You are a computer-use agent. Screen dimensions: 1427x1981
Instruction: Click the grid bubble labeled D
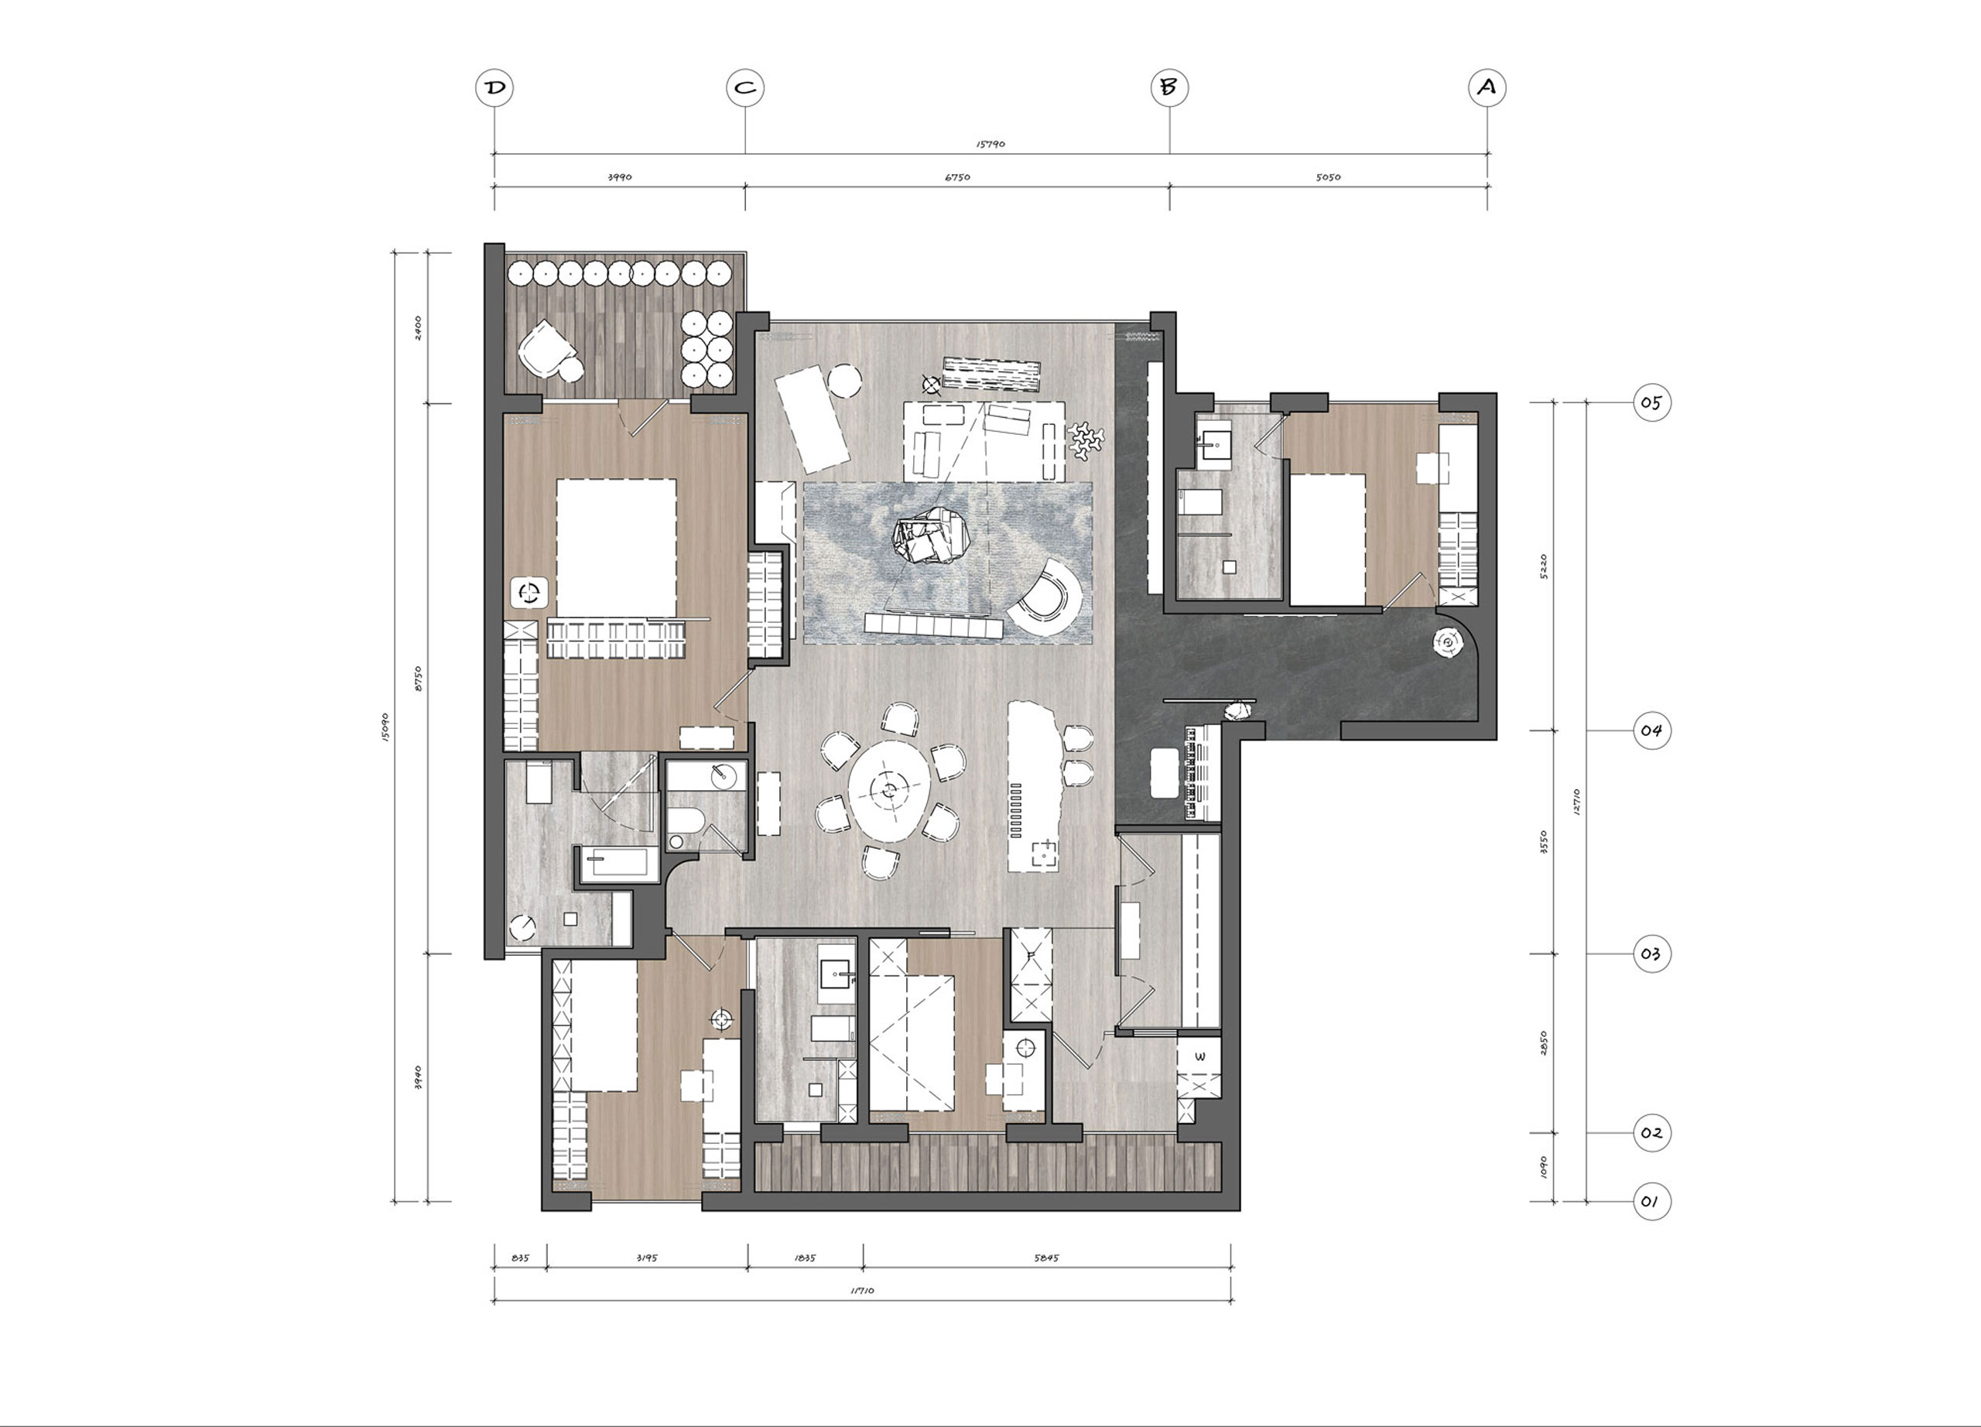[494, 87]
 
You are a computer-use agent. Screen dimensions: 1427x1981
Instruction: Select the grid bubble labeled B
[1168, 87]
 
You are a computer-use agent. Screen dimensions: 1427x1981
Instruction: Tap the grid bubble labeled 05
[1651, 402]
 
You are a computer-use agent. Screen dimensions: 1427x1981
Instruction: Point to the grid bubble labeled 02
[1651, 1133]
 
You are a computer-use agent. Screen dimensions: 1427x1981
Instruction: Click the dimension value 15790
[990, 144]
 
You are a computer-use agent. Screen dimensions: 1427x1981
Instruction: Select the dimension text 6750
[957, 177]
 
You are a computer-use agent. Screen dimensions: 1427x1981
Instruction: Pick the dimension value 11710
[861, 1291]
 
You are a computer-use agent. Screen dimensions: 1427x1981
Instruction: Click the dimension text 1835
[805, 1258]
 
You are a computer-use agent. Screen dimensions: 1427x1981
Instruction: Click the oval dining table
[889, 791]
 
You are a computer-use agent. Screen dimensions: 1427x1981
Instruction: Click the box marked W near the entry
[1200, 1057]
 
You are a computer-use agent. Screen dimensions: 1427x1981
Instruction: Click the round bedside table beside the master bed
[529, 593]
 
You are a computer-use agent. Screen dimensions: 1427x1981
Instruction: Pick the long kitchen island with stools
[1033, 786]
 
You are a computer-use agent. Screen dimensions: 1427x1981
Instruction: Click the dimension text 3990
[619, 177]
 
